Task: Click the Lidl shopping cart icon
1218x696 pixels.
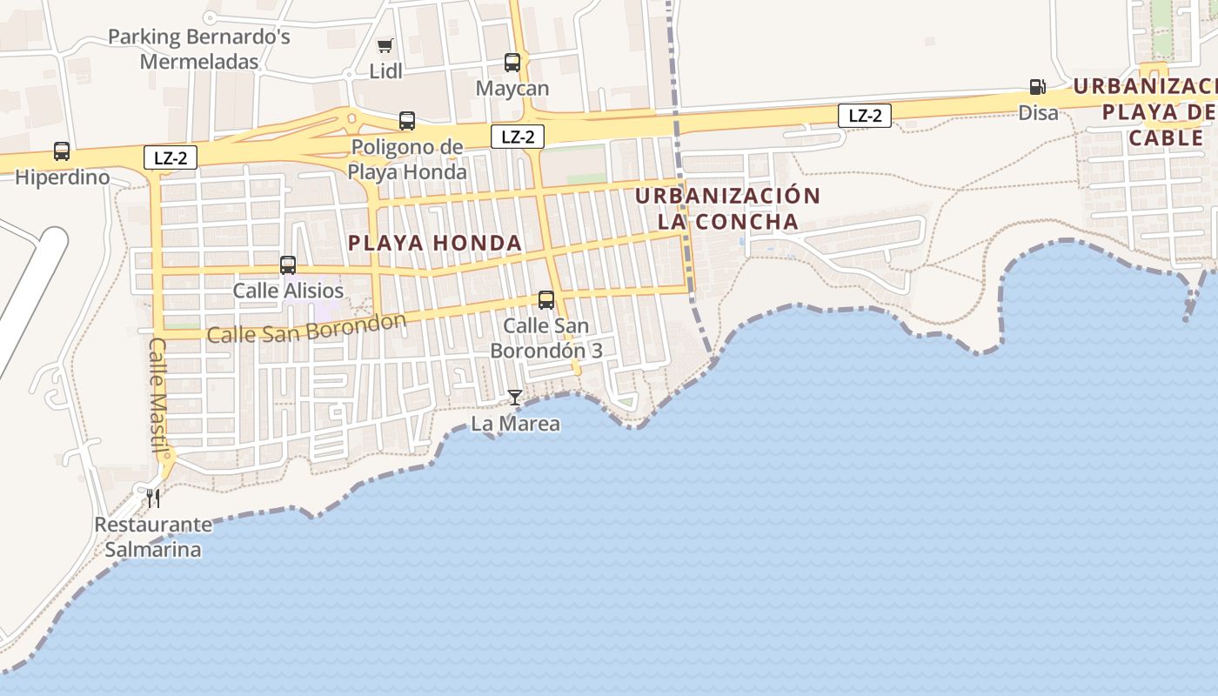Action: click(385, 45)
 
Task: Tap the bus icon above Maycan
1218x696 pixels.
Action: click(512, 63)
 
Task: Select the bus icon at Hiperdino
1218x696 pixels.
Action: click(62, 151)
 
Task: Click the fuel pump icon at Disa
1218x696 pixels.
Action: click(1037, 86)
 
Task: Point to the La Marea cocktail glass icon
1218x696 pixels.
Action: click(515, 398)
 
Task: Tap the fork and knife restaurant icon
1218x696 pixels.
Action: click(153, 499)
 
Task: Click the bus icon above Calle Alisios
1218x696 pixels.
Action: click(288, 265)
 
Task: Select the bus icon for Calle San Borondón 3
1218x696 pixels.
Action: click(546, 300)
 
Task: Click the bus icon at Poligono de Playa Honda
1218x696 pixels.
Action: click(407, 121)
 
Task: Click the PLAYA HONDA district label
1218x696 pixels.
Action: click(435, 244)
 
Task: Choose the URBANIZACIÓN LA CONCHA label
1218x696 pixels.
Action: click(727, 209)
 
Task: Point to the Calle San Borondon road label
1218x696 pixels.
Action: click(306, 328)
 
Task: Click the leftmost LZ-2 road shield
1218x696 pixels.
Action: click(171, 157)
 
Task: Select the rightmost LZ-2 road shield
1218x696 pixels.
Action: click(865, 116)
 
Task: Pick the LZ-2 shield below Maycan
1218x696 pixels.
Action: click(518, 137)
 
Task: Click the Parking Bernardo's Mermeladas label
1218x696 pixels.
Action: click(199, 50)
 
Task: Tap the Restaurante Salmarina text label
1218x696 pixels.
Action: click(153, 537)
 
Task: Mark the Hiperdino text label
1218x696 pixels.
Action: click(63, 177)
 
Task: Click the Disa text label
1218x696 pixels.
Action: click(1039, 112)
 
